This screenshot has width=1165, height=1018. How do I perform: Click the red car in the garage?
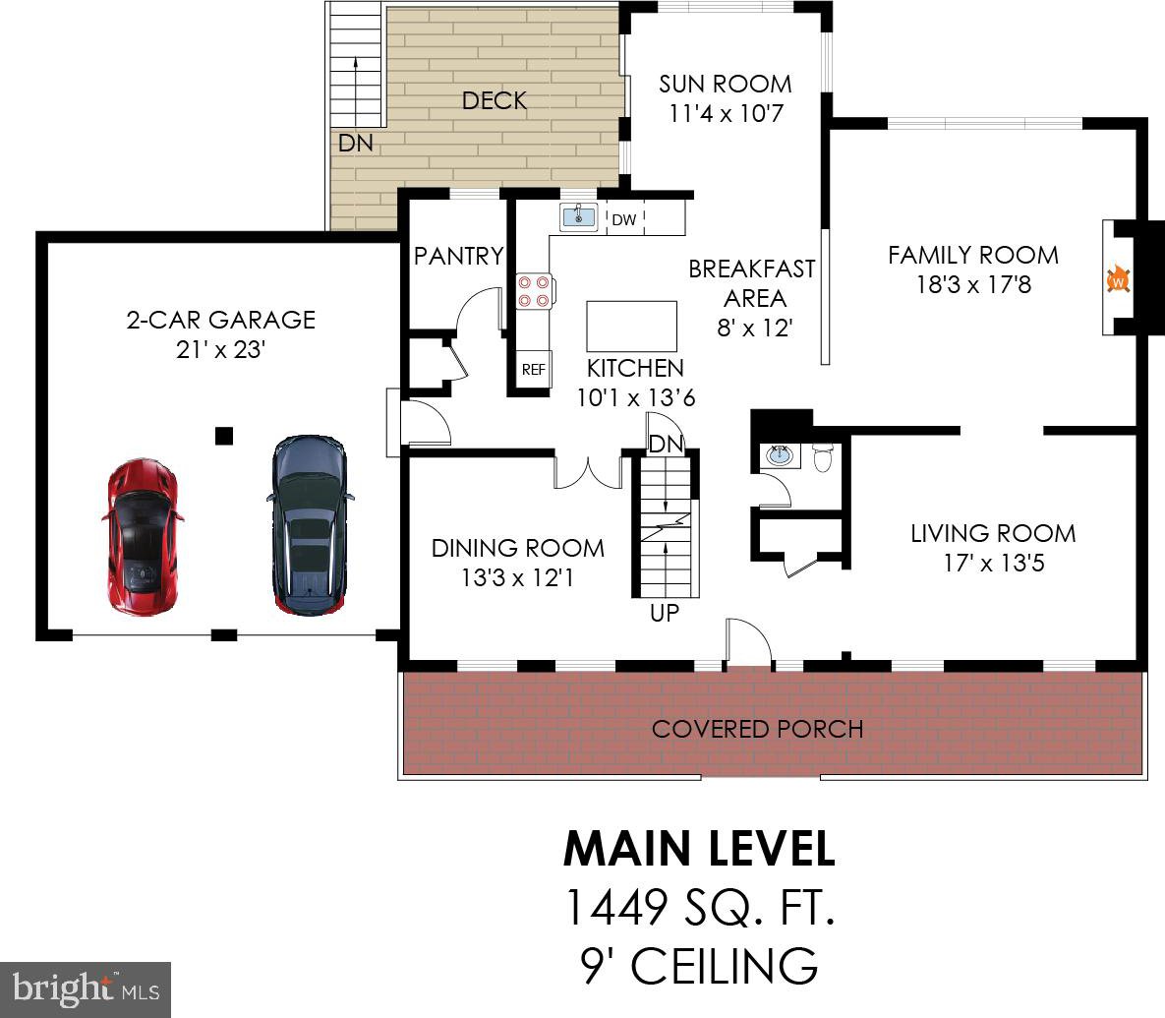[143, 536]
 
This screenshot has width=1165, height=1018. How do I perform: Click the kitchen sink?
[578, 216]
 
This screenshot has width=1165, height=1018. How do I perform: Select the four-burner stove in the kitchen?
[535, 290]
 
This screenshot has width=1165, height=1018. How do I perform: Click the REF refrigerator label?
[534, 369]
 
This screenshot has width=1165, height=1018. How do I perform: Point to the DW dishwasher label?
[624, 219]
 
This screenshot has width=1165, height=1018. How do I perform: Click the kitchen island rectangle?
[631, 327]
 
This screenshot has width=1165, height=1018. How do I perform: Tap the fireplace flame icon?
[1118, 280]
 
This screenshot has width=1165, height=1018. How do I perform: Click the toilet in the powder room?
[822, 457]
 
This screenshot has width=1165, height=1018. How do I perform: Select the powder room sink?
[780, 455]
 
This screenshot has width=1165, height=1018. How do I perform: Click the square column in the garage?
[223, 436]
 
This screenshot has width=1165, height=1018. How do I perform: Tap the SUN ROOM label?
[726, 84]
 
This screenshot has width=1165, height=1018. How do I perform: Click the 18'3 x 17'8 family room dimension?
[973, 284]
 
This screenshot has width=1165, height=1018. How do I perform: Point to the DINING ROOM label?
[518, 549]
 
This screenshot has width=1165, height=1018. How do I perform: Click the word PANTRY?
[458, 256]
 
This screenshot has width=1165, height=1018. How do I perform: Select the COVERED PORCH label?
[757, 729]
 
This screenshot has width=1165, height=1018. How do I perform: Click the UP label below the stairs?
[665, 613]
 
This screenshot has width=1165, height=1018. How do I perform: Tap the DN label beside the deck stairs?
[355, 143]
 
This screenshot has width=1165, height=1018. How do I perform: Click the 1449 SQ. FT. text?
[699, 907]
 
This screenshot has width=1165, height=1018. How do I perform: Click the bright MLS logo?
[86, 989]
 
